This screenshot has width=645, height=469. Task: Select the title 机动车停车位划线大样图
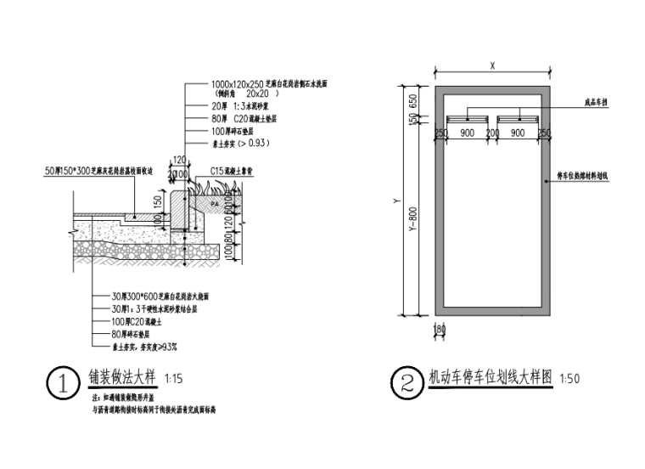click(490, 376)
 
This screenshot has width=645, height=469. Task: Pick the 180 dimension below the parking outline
click(440, 328)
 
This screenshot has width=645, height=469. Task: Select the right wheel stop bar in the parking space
click(516, 118)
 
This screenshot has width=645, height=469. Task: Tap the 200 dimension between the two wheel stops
click(491, 133)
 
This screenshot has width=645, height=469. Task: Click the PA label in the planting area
click(213, 205)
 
